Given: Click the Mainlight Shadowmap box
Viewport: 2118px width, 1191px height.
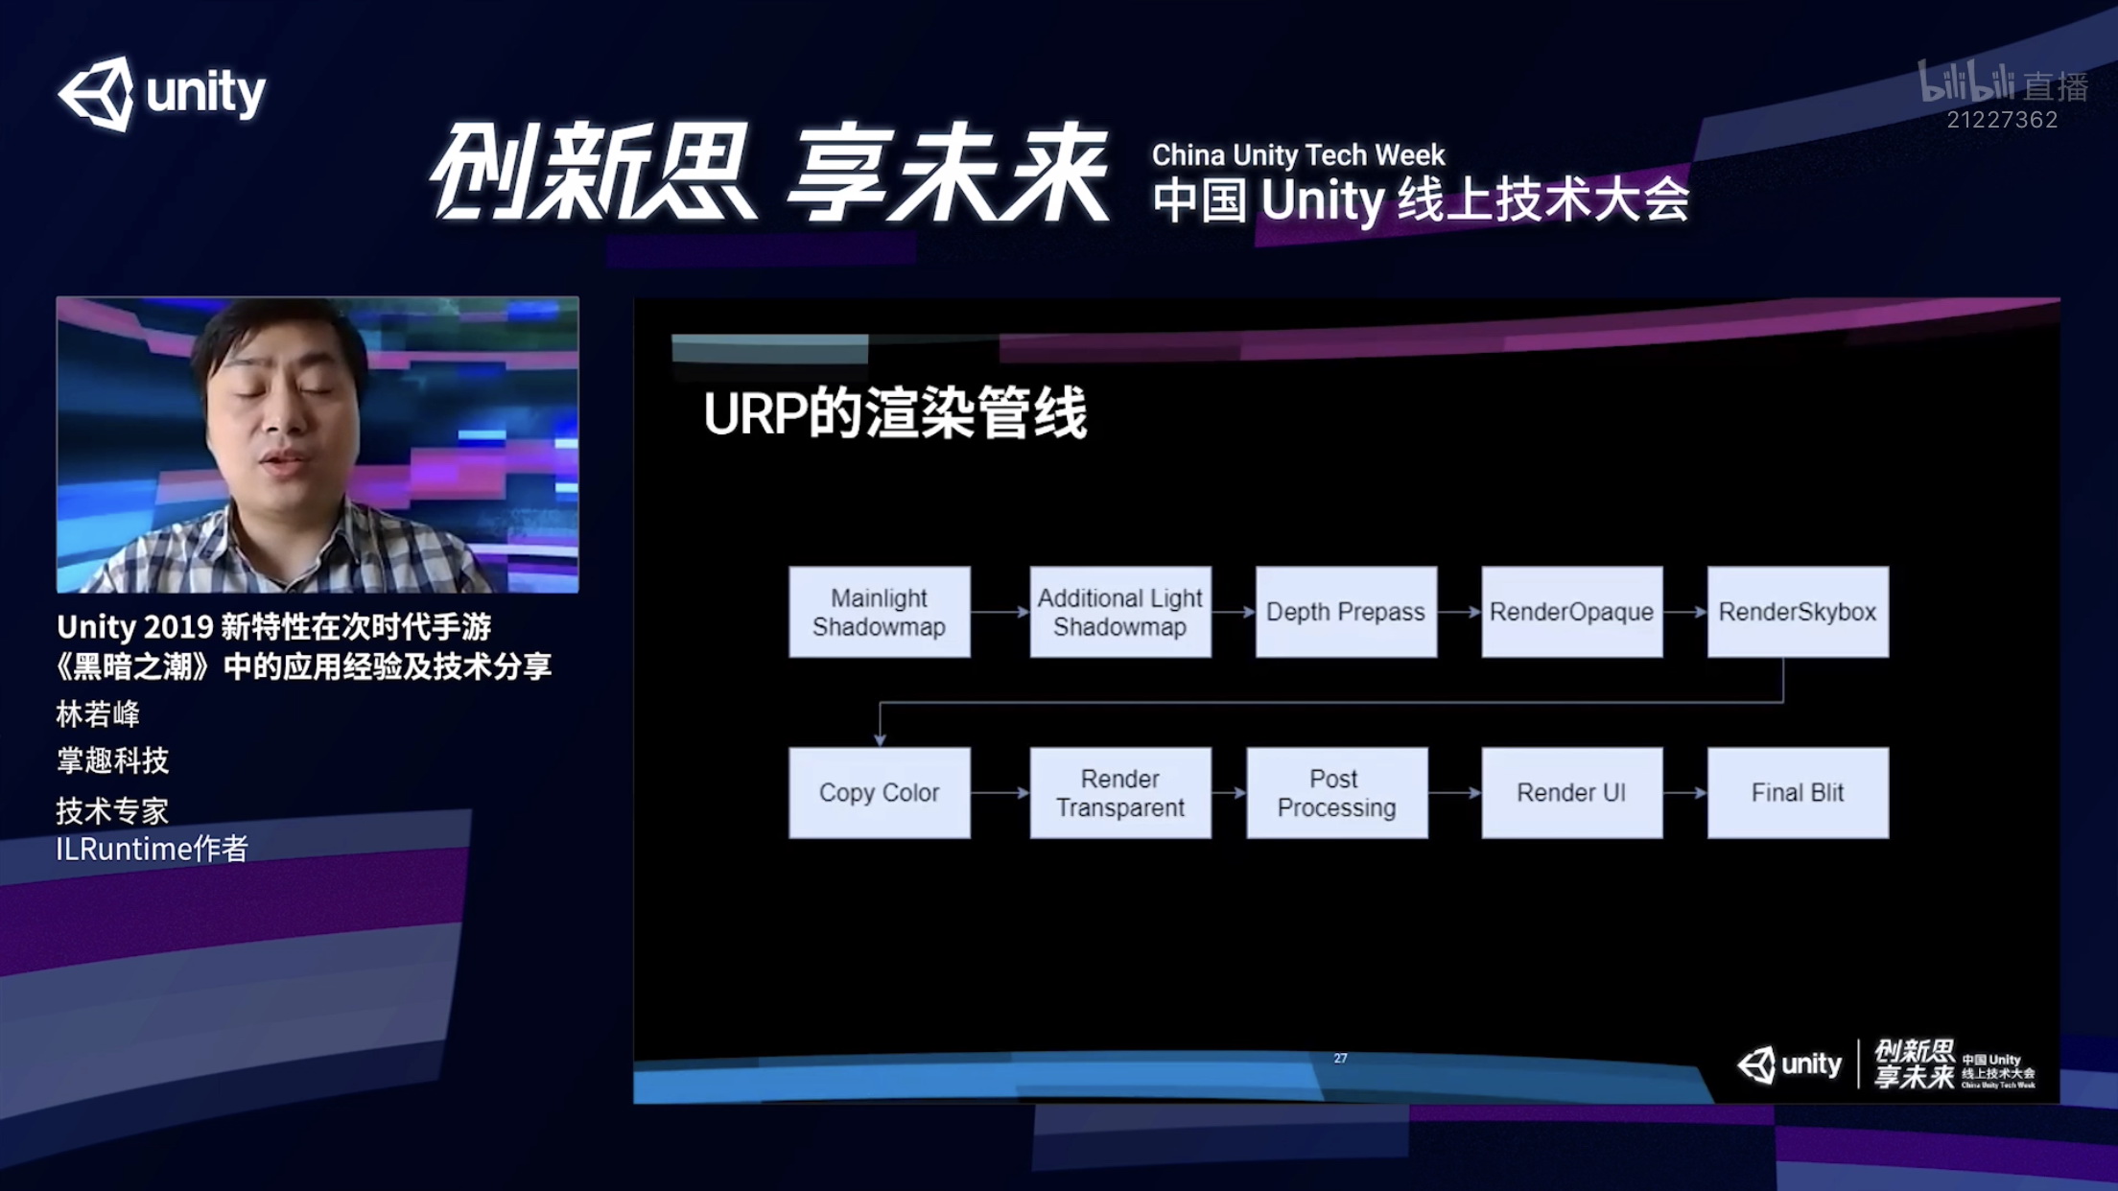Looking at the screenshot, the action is [x=880, y=612].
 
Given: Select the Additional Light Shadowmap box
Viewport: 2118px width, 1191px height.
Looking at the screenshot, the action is [x=1120, y=612].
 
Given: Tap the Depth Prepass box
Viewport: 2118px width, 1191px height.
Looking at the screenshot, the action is [x=1346, y=612].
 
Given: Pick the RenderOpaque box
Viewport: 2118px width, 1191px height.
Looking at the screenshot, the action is [x=1572, y=612].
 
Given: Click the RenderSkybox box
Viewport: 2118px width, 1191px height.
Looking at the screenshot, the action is [x=1798, y=612].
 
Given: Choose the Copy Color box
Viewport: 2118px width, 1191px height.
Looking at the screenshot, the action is [x=880, y=793].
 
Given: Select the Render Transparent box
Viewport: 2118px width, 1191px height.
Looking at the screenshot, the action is [x=1120, y=793].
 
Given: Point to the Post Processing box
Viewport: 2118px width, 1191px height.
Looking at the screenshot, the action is [x=1337, y=793].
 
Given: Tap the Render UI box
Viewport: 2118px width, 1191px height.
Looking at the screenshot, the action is [x=1572, y=793].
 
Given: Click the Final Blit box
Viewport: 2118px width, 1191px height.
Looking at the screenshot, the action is [x=1798, y=793].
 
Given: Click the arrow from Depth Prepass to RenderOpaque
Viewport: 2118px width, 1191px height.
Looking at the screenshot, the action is [x=1459, y=612].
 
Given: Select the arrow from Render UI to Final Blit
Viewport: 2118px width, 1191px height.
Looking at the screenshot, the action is [x=1685, y=793].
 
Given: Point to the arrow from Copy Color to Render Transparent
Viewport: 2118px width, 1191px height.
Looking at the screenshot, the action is [x=1000, y=793].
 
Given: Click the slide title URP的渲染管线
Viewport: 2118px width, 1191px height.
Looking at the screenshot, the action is [x=895, y=414].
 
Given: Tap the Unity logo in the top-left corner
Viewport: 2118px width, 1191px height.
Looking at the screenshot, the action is [x=162, y=93].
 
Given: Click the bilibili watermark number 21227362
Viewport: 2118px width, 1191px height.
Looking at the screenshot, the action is [x=2002, y=120].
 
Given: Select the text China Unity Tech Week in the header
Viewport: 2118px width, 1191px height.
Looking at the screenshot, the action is [x=1298, y=154].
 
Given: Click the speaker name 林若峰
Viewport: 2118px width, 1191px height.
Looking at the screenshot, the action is [x=98, y=714].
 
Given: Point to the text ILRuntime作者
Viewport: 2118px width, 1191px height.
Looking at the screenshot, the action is [x=153, y=849].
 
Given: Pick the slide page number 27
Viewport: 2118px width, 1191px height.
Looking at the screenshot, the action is [x=1340, y=1059].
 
